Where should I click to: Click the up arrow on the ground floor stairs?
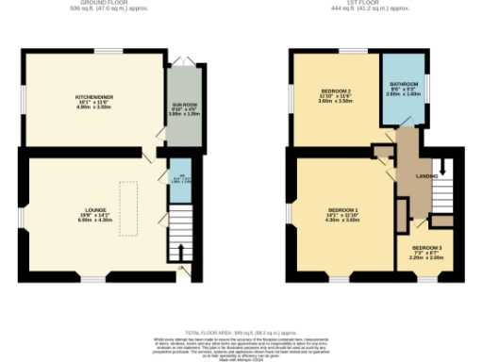pos(181,252)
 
